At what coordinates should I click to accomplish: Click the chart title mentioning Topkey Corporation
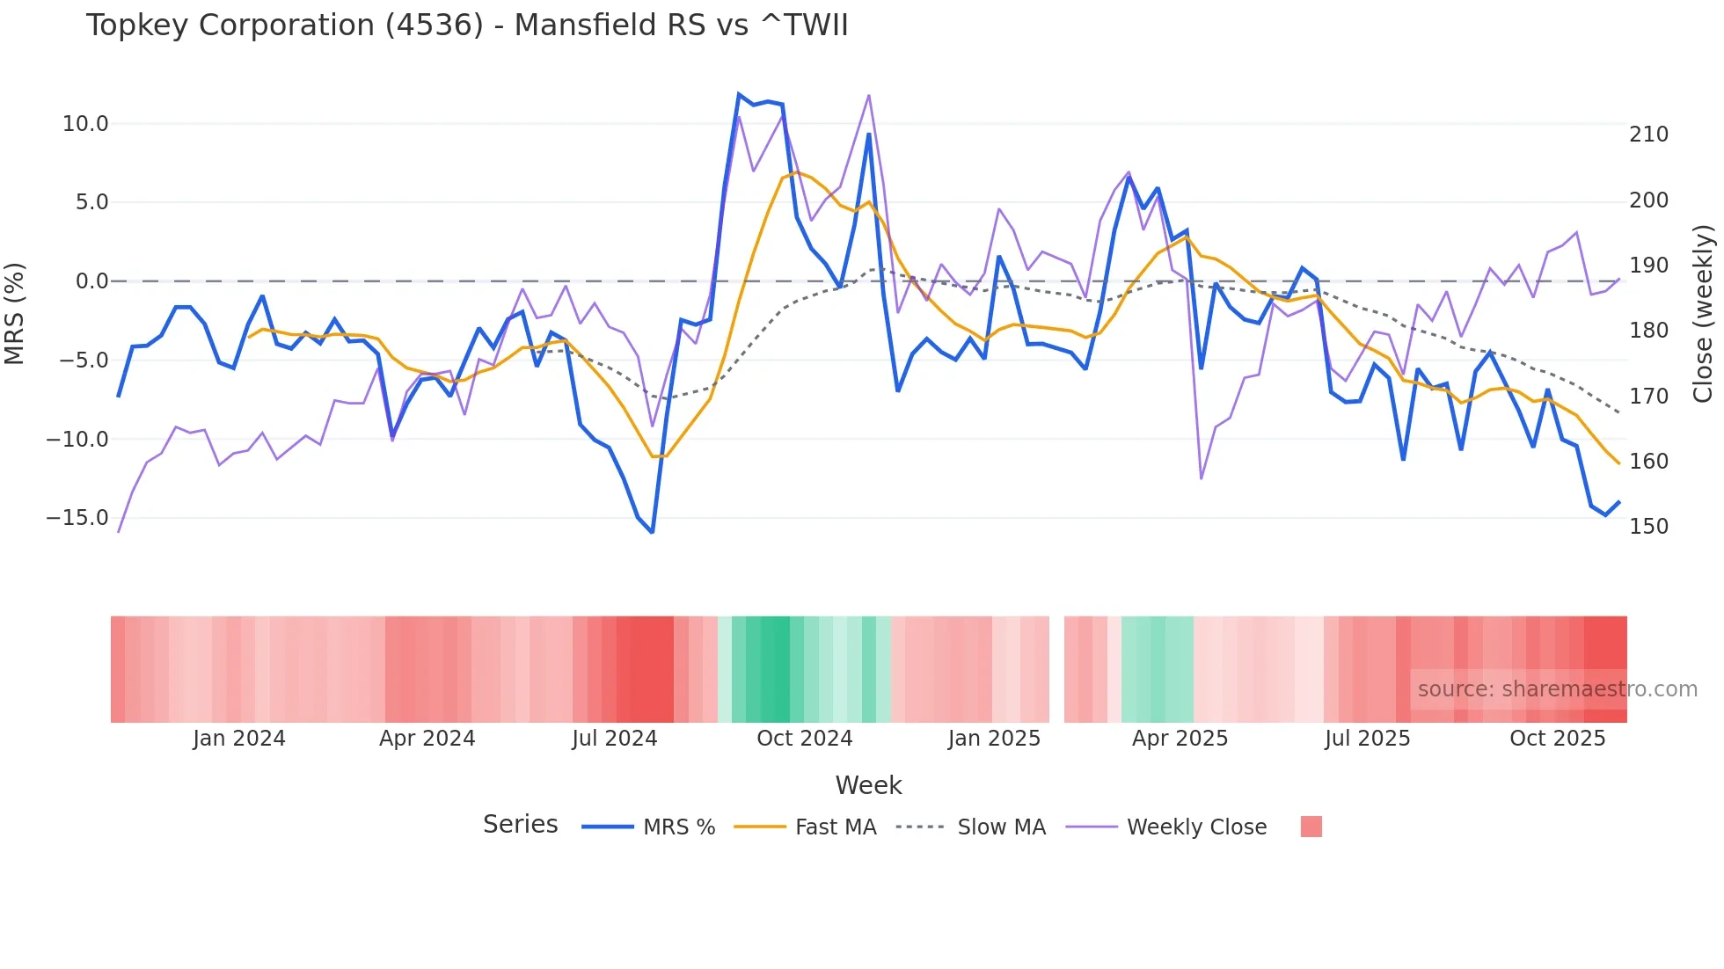[467, 25]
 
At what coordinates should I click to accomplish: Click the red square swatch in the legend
[1311, 827]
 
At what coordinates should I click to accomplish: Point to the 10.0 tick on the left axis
[85, 124]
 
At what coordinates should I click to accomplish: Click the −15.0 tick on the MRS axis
[77, 518]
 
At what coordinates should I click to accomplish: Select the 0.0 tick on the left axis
[91, 281]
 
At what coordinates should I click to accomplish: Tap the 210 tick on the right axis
[1648, 135]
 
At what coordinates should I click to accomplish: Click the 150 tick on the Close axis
[1648, 527]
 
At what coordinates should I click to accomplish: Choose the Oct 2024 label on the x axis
[804, 739]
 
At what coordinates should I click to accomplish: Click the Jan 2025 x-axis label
[994, 739]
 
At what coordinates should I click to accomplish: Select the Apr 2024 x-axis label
[427, 739]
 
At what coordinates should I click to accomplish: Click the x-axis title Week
[868, 785]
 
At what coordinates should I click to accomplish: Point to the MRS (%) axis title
[15, 313]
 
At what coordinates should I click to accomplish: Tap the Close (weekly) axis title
[1704, 313]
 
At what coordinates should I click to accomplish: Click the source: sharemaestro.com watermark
[1557, 689]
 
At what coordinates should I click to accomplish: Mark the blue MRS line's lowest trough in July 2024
[652, 532]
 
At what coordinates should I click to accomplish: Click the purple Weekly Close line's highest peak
[868, 95]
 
